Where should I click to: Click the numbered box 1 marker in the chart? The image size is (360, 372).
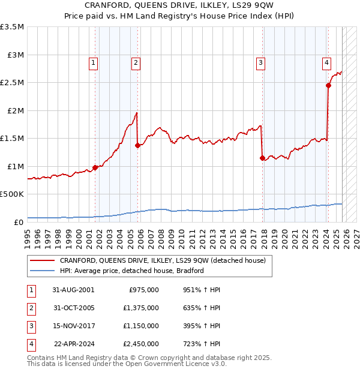click(x=94, y=62)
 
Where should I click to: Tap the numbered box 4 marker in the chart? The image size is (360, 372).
click(x=326, y=62)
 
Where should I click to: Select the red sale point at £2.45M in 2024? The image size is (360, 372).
click(x=328, y=85)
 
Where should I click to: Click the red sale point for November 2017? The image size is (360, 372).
click(x=262, y=158)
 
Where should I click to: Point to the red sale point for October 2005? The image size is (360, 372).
click(x=137, y=145)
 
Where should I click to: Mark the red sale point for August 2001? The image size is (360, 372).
click(x=95, y=167)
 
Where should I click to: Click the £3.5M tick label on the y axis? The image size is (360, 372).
click(x=13, y=27)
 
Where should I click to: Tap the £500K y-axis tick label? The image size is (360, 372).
click(x=13, y=194)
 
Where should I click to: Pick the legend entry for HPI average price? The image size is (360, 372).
click(x=132, y=271)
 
